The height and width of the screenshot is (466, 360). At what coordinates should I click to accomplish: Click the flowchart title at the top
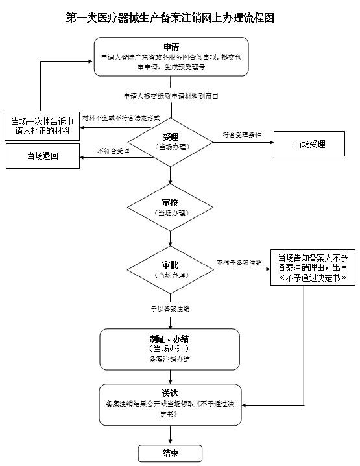[x=171, y=18]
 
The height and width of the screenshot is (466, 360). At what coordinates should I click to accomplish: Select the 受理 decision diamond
[x=170, y=142]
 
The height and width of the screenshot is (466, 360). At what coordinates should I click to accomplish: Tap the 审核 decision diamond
[x=170, y=207]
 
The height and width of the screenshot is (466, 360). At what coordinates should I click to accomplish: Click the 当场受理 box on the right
[x=309, y=143]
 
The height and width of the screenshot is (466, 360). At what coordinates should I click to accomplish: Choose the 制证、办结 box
[x=170, y=348]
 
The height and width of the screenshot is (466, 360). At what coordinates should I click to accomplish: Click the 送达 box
[x=170, y=402]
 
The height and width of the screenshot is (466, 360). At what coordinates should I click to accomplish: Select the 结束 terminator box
[x=170, y=453]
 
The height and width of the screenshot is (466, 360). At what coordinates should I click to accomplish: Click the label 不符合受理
[x=113, y=151]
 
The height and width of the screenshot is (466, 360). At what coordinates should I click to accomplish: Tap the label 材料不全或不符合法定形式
[x=117, y=118]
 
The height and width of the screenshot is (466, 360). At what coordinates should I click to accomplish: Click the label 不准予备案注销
[x=239, y=263]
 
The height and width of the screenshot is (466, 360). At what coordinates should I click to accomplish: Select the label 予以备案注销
[x=170, y=308]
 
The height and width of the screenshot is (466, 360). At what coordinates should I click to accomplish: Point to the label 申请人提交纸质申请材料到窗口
[x=170, y=96]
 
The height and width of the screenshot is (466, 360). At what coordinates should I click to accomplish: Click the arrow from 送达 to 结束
[x=170, y=434]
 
